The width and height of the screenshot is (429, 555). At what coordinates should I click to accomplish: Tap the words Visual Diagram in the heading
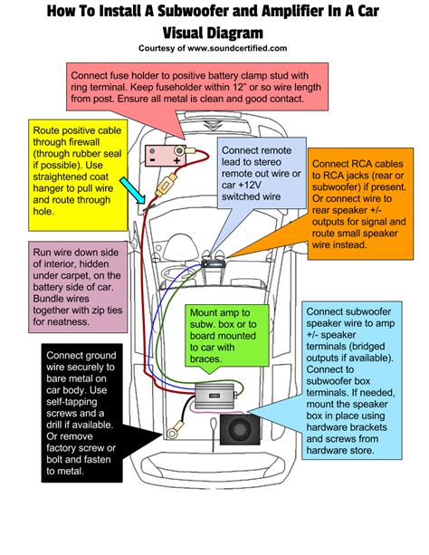[214, 29]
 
